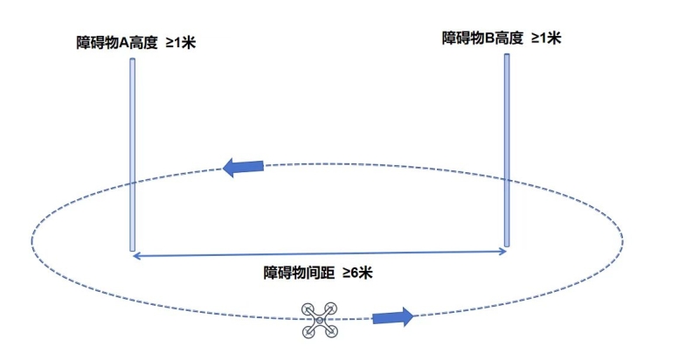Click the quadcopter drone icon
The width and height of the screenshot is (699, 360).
320,320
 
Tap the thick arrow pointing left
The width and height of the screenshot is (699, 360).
243,167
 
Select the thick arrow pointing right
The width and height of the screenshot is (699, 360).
392,317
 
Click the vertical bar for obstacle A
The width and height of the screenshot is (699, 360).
133,155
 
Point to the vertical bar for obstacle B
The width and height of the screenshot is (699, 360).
507,150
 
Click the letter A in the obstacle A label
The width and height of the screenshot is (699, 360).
124,43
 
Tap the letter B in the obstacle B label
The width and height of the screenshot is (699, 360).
489,38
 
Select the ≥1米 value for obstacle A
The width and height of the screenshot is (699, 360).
181,43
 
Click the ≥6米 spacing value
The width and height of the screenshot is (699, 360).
357,273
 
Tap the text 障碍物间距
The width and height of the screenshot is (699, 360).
299,273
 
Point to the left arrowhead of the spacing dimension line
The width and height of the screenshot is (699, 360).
135,256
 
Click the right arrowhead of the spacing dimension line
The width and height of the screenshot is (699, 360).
506,252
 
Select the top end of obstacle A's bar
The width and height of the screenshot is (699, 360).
133,59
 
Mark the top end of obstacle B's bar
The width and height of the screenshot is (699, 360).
507,55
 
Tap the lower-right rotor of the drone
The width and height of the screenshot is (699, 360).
331,331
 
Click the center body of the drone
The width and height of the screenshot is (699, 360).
320,320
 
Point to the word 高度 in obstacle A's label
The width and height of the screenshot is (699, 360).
143,43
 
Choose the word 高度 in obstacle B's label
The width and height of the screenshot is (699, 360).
509,38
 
